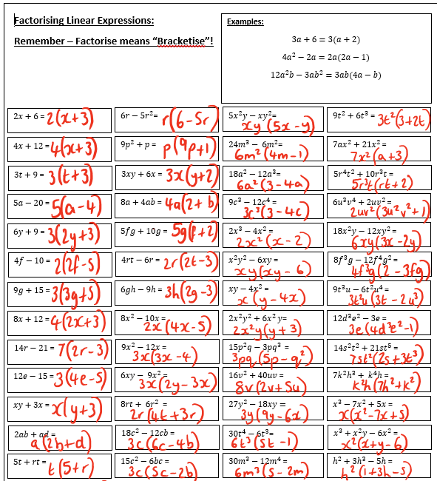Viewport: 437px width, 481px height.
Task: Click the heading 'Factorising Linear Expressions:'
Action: coord(84,20)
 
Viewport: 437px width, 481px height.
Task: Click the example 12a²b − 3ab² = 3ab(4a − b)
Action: coord(325,75)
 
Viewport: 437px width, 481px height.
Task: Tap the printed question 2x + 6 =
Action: coord(29,117)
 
